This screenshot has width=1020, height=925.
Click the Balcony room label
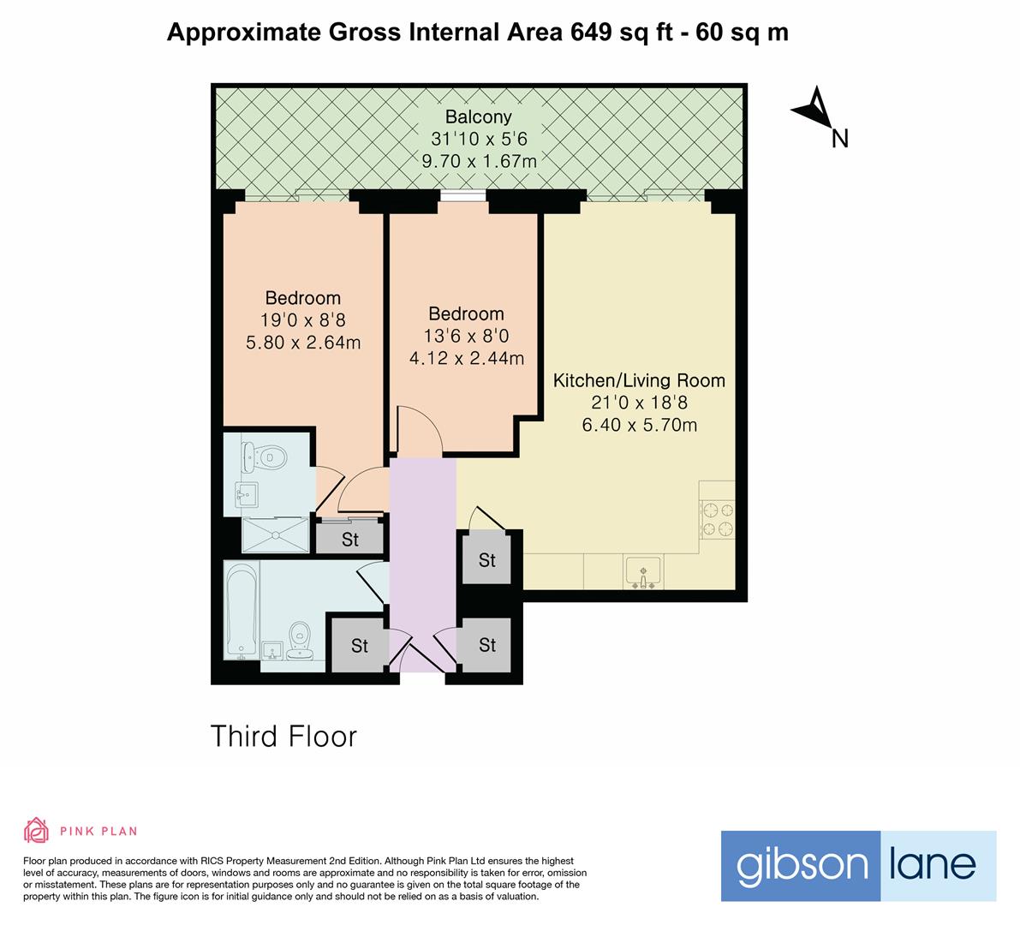click(x=478, y=117)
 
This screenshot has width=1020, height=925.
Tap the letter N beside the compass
click(x=840, y=139)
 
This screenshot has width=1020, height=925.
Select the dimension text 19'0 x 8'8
click(x=303, y=320)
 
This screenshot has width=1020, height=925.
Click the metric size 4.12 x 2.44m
click(x=467, y=358)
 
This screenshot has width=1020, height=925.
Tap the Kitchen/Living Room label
click(x=639, y=380)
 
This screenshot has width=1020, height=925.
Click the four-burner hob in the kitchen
click(x=718, y=518)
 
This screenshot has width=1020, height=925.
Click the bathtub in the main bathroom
click(x=242, y=610)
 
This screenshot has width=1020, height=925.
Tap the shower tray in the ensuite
click(x=275, y=534)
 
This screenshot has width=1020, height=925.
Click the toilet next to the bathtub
click(x=299, y=640)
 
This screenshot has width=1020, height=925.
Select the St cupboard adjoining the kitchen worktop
click(x=487, y=559)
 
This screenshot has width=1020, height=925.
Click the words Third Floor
click(x=283, y=737)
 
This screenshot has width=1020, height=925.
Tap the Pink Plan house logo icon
click(x=36, y=830)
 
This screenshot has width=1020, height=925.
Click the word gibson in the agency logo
click(x=802, y=866)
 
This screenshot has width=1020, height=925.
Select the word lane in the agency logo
click(x=933, y=863)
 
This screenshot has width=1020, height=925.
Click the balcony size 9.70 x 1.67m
click(x=479, y=161)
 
